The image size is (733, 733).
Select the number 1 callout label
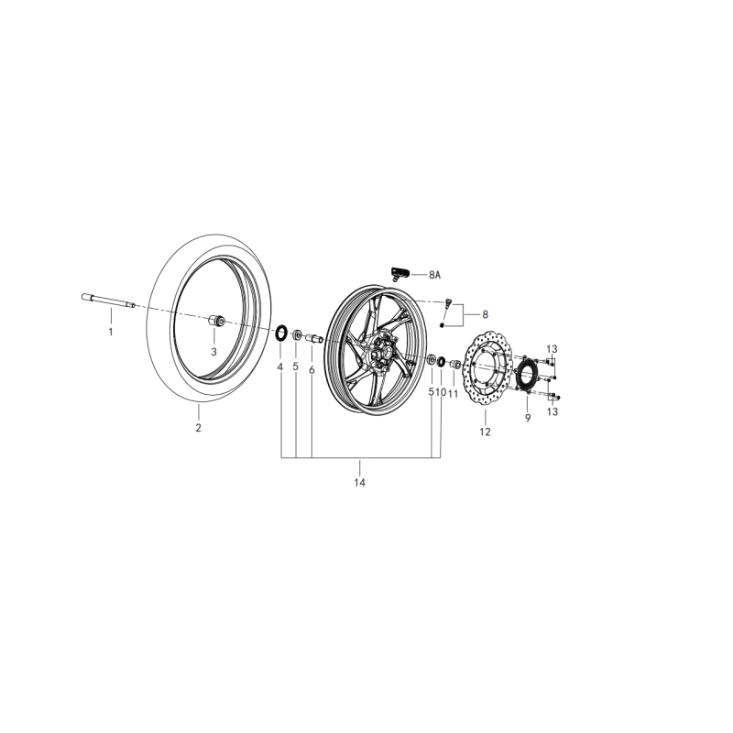pos(111,332)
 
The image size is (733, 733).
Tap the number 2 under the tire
pos(198,427)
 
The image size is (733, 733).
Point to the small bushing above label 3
pos(218,322)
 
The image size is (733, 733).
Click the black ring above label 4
pos(281,332)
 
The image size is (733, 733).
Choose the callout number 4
pos(280,367)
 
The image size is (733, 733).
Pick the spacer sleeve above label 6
pos(312,339)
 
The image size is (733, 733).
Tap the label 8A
pos(434,274)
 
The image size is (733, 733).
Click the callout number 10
pos(440,392)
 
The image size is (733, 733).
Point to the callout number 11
pos(453,393)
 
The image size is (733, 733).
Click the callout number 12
pos(485,431)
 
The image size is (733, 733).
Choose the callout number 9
pos(528,418)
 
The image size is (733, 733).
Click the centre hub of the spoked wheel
pos(380,353)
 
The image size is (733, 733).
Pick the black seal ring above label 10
pos(441,363)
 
